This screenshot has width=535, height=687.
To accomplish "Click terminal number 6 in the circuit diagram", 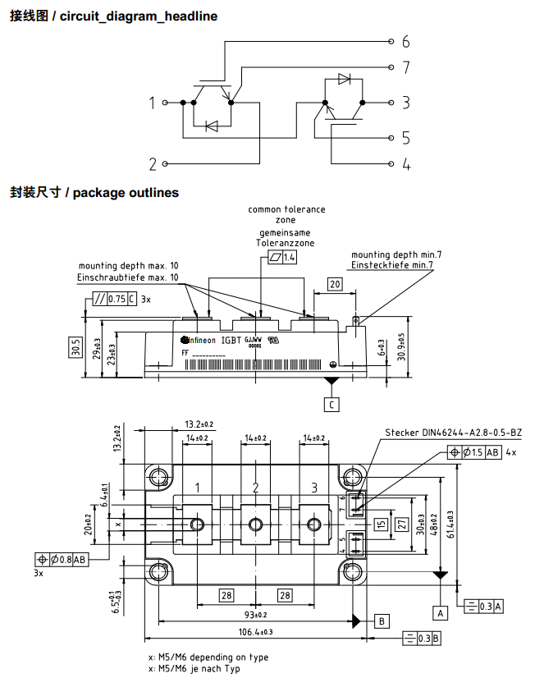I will [405, 42].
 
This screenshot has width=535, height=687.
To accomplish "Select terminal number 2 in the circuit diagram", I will [153, 163].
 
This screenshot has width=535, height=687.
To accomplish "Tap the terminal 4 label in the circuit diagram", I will [405, 164].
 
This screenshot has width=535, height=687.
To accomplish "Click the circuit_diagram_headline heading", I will [113, 16].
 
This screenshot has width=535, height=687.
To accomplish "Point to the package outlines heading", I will [94, 193].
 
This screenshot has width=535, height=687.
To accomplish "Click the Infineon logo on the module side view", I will [198, 339].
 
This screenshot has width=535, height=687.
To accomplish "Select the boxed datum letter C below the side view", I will [332, 404].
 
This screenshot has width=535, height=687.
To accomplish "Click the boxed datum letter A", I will [441, 612].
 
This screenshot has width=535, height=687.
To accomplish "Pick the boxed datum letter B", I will [382, 620].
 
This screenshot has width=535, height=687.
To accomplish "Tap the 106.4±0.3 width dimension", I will [255, 632].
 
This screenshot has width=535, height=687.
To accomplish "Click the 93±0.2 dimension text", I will [255, 616].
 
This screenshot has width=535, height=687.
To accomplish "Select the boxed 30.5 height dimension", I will [75, 348].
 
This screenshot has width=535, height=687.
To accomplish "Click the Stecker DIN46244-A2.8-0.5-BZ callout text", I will [453, 433].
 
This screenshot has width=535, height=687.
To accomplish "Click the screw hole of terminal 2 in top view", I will [256, 524].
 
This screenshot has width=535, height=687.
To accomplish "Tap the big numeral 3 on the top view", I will [313, 488].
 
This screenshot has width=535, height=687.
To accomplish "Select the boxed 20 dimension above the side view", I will [334, 285].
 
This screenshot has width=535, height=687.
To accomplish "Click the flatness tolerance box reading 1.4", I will [282, 258].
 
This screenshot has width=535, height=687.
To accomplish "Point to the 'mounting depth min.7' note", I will [396, 255].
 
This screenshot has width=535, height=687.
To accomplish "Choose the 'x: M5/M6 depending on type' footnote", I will [208, 657].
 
